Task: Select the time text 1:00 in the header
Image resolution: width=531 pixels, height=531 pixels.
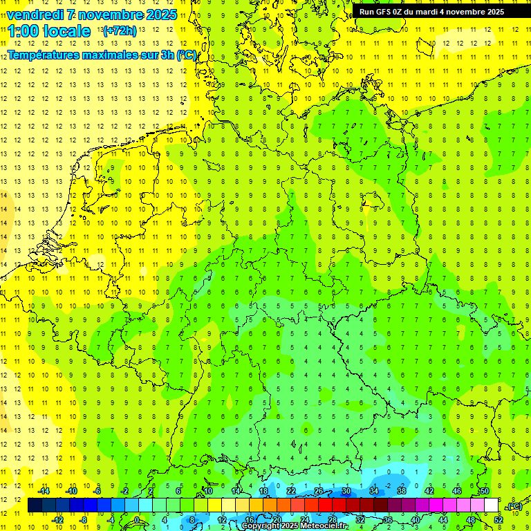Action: [25, 31]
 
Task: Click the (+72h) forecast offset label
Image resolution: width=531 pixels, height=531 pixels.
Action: [120, 31]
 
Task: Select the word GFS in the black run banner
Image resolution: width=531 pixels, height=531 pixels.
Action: [384, 11]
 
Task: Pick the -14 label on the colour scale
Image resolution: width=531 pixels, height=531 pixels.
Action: [44, 491]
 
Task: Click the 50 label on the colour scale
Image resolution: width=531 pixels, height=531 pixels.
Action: [485, 491]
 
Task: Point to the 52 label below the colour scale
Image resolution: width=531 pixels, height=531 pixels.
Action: [499, 519]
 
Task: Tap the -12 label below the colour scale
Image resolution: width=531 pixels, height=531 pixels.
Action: [58, 519]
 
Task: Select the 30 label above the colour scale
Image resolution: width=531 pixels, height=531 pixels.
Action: [346, 491]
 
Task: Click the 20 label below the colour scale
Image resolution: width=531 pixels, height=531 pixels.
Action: [277, 519]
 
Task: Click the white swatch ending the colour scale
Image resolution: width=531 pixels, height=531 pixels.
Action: [491, 505]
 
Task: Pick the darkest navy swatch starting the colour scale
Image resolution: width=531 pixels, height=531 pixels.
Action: [35, 505]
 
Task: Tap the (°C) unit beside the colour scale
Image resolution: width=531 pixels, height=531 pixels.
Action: [514, 506]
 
